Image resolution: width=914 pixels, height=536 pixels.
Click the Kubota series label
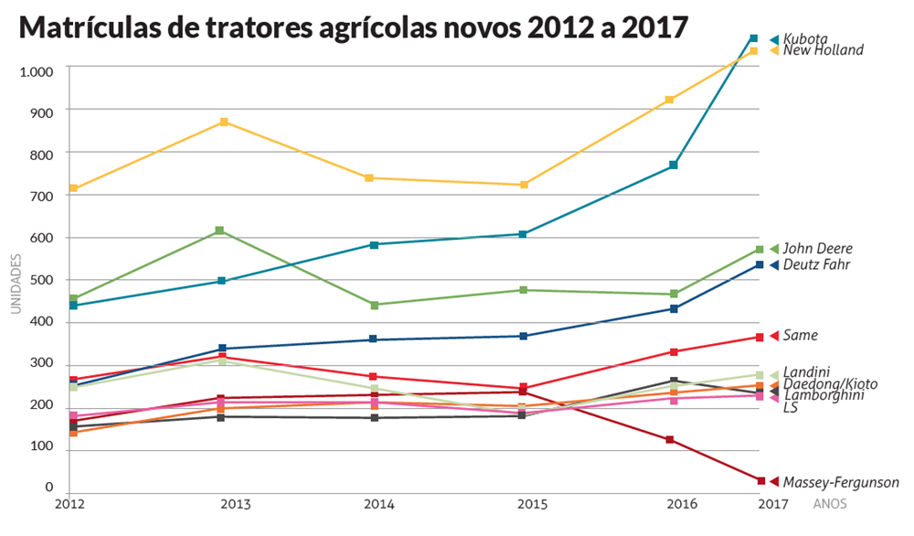(x=805, y=39)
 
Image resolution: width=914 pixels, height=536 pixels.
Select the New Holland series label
(x=823, y=50)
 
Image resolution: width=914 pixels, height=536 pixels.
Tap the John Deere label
(x=817, y=249)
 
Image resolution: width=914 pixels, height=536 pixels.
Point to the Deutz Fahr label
(x=817, y=265)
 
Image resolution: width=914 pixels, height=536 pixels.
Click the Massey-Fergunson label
(x=841, y=482)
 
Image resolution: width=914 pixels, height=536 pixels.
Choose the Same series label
(x=800, y=336)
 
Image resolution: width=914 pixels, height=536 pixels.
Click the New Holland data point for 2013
(x=224, y=122)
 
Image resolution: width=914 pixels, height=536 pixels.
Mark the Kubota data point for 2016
(x=673, y=165)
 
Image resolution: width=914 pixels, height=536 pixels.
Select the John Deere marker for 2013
(x=219, y=230)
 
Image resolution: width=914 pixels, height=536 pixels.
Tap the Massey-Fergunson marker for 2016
(x=670, y=440)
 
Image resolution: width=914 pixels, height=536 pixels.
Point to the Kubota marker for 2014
(x=374, y=244)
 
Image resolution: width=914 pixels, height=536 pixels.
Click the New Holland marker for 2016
(x=669, y=99)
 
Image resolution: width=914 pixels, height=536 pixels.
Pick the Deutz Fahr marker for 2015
(x=523, y=336)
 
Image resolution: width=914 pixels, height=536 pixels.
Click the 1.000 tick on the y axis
(x=36, y=70)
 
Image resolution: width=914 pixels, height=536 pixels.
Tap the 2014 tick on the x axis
(x=379, y=504)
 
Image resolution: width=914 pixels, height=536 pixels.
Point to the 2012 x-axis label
(x=70, y=504)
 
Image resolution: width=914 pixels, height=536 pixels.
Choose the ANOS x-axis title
(x=829, y=504)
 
